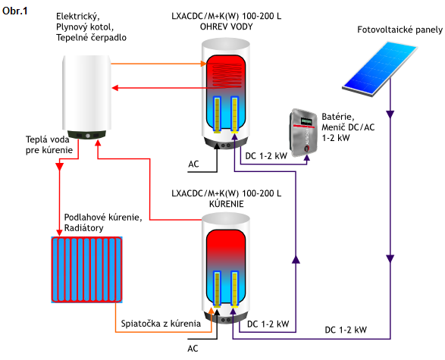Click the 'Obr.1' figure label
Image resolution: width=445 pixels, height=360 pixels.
14,11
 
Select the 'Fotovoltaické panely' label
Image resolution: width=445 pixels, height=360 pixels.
400,30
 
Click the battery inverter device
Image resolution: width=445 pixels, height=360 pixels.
303,132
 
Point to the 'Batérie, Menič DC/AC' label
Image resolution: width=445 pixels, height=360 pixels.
348,122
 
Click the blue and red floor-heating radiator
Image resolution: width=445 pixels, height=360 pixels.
87,270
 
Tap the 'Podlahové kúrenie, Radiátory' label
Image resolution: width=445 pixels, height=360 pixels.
103,223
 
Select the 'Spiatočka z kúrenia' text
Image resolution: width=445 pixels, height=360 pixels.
161,324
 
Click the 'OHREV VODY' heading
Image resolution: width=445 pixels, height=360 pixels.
226,27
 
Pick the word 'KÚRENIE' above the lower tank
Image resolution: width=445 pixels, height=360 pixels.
227,204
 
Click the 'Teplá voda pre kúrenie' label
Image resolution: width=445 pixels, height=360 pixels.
49,145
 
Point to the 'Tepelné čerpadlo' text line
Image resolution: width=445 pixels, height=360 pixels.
91,37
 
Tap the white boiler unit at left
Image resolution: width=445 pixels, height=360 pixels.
87,97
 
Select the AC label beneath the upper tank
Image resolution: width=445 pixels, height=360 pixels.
193,164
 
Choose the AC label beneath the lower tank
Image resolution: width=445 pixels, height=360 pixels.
193,349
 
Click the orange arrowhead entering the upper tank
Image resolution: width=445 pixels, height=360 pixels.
203,64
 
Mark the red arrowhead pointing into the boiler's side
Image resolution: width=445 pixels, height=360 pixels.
115,88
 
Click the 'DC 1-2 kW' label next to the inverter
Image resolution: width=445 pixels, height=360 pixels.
266,155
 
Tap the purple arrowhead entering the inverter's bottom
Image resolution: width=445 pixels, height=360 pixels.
307,158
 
